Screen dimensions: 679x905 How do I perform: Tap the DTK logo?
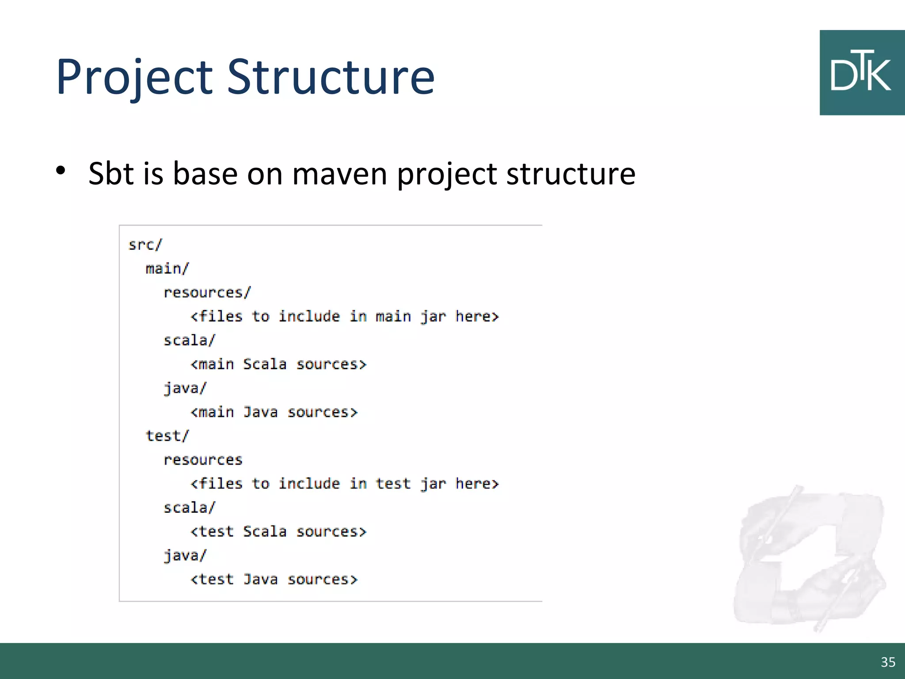pyautogui.click(x=861, y=72)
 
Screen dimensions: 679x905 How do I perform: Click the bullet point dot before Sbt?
pyautogui.click(x=61, y=170)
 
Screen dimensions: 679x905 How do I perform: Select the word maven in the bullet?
pyautogui.click(x=339, y=173)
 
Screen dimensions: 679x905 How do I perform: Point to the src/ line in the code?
pyautogui.click(x=145, y=244)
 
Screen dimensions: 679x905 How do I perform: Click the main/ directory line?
pyautogui.click(x=167, y=268)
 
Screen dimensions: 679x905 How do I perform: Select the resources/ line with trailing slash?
pyautogui.click(x=207, y=292)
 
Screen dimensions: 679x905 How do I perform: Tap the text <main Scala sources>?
pyautogui.click(x=278, y=364)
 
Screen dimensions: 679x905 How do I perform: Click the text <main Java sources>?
pyautogui.click(x=274, y=412)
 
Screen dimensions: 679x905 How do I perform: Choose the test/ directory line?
pyautogui.click(x=167, y=436)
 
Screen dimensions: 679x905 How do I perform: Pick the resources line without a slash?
pyautogui.click(x=203, y=460)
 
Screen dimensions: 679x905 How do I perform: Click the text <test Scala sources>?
pyautogui.click(x=278, y=531)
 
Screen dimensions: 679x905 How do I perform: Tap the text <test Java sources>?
pyautogui.click(x=274, y=579)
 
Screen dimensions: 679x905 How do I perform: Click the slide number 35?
pyautogui.click(x=888, y=662)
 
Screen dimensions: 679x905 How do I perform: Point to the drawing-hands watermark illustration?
pyautogui.click(x=809, y=557)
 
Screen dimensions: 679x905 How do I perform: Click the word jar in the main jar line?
pyautogui.click(x=433, y=317)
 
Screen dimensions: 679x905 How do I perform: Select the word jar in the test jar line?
pyautogui.click(x=433, y=484)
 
